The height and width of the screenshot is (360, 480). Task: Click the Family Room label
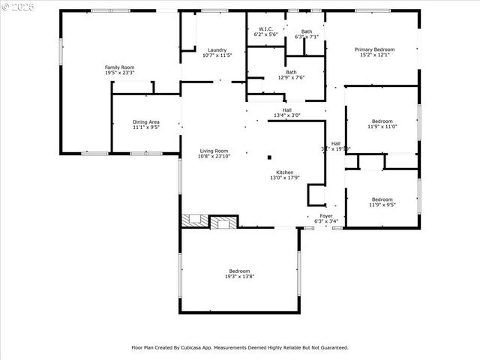pyautogui.click(x=119, y=67)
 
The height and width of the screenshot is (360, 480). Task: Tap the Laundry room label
pyautogui.click(x=217, y=49)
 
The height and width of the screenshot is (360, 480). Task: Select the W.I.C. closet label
pyautogui.click(x=265, y=29)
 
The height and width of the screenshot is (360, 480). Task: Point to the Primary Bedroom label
pyautogui.click(x=374, y=49)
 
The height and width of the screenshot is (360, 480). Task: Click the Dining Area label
pyautogui.click(x=146, y=121)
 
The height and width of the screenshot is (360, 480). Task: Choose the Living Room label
pyautogui.click(x=214, y=151)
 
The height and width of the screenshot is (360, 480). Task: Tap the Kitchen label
pyautogui.click(x=285, y=172)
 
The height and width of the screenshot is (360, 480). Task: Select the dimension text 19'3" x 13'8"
pyautogui.click(x=239, y=277)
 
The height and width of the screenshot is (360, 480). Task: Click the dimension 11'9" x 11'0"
pyautogui.click(x=382, y=127)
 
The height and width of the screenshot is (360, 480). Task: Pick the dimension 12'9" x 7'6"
pyautogui.click(x=291, y=77)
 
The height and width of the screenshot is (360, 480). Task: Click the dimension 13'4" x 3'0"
pyautogui.click(x=286, y=115)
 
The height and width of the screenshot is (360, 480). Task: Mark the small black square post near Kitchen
pyautogui.click(x=269, y=157)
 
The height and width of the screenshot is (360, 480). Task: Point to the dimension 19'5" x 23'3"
pyautogui.click(x=119, y=73)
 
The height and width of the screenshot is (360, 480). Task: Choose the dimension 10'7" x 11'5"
pyautogui.click(x=217, y=55)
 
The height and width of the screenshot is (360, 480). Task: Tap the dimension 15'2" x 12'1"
pyautogui.click(x=374, y=55)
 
